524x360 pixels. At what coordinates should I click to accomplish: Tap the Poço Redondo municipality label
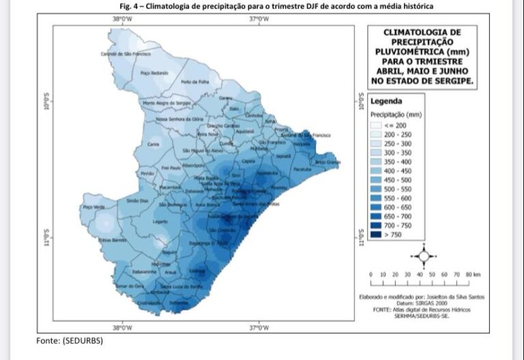tap(154, 72)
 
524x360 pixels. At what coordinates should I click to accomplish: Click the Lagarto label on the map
tap(160, 222)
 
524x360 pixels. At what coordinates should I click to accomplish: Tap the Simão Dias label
tap(137, 200)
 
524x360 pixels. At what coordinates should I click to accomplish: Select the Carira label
tap(154, 144)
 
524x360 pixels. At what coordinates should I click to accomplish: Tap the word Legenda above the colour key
tap(386, 102)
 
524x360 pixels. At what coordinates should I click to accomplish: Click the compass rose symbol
tap(423, 256)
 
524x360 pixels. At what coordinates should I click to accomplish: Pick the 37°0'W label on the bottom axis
tap(260, 328)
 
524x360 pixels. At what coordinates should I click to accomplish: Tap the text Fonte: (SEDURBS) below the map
tap(69, 340)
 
